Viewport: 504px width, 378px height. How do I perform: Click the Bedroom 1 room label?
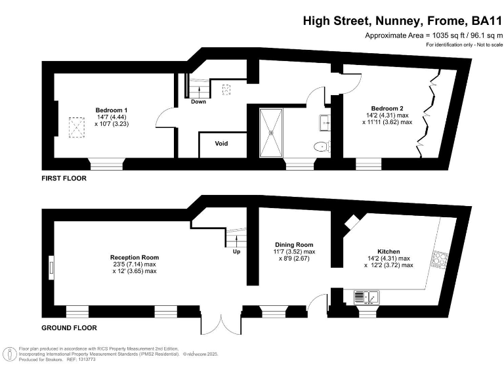tap(112, 110)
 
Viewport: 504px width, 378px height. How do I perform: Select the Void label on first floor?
tap(222, 143)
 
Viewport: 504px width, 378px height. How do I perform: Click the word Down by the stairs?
tap(199, 102)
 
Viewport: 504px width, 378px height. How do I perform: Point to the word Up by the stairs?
tap(236, 251)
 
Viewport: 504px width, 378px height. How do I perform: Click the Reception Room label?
tap(135, 257)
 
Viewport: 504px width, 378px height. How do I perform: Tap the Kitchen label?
tap(388, 251)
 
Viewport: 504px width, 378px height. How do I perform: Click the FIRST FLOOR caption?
tap(64, 178)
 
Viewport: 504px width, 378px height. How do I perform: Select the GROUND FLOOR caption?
tap(69, 327)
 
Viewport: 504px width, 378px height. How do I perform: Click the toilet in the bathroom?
tap(322, 147)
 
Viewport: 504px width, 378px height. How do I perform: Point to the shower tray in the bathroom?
tap(270, 133)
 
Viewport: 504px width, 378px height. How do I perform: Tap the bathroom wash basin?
tap(326, 121)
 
